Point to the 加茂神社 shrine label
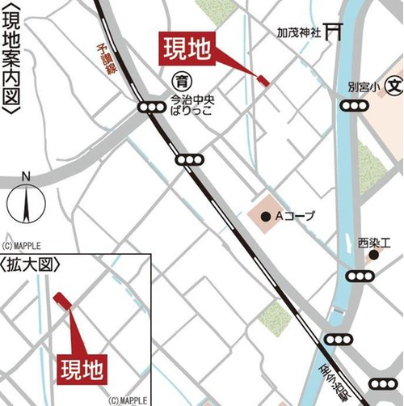(299, 36)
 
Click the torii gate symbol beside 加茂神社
(332, 33)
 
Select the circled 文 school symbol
(393, 84)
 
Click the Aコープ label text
(296, 216)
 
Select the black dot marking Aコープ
(267, 216)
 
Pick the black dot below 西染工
(373, 256)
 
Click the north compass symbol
(26, 201)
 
